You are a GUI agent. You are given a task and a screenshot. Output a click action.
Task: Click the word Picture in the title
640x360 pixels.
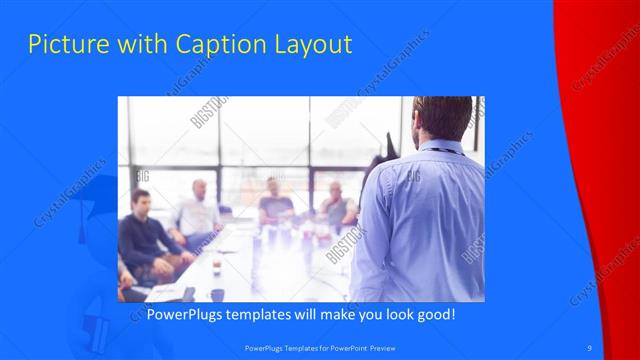pos(62,44)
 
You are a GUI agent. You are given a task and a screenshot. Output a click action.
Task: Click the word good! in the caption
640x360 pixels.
pos(434,314)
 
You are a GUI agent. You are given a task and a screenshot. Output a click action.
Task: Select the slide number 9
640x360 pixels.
pos(590,347)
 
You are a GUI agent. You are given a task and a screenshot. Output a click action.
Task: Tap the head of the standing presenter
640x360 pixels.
pos(442,118)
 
